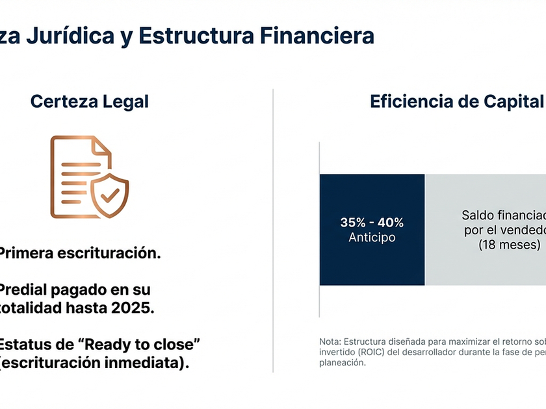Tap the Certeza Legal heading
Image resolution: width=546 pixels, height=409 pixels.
tap(90, 102)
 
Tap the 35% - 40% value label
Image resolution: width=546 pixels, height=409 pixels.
tap(372, 223)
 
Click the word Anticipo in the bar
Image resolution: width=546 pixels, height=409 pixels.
tap(372, 238)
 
